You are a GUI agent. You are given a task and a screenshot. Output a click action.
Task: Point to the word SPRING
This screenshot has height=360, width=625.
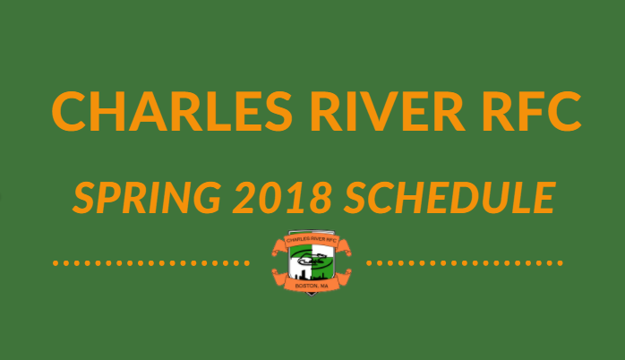pyautogui.click(x=147, y=197)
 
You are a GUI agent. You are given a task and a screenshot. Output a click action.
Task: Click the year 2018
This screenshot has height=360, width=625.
pyautogui.click(x=282, y=197)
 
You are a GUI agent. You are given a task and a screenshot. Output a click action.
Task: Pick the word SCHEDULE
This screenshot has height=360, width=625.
pyautogui.click(x=449, y=197)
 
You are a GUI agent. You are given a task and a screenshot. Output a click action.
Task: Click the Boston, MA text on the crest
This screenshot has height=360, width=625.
pyautogui.click(x=312, y=286)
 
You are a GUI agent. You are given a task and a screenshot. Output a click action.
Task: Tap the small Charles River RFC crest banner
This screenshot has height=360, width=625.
pyautogui.click(x=312, y=240)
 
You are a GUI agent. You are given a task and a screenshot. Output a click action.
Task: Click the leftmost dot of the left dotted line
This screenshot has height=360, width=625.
pyautogui.click(x=56, y=263)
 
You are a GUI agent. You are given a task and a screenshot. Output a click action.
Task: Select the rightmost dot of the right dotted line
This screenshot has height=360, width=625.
pyautogui.click(x=560, y=263)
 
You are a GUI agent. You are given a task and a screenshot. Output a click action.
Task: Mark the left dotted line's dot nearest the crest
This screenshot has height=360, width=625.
pyautogui.click(x=247, y=263)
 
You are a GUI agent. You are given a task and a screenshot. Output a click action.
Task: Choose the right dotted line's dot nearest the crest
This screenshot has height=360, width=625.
pyautogui.click(x=369, y=263)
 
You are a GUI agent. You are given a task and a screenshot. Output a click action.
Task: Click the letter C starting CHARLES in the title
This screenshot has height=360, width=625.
pyautogui.click(x=69, y=111)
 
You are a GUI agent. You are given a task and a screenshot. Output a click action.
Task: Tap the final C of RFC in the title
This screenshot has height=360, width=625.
pyautogui.click(x=564, y=111)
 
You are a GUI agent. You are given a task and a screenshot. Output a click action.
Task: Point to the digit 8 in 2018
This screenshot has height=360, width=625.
pyautogui.click(x=320, y=197)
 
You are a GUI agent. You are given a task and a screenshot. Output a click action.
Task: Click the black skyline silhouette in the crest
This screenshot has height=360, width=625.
pyautogui.click(x=311, y=276)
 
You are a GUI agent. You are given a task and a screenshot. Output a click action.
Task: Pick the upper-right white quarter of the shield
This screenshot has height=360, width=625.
pyautogui.click(x=322, y=251)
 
